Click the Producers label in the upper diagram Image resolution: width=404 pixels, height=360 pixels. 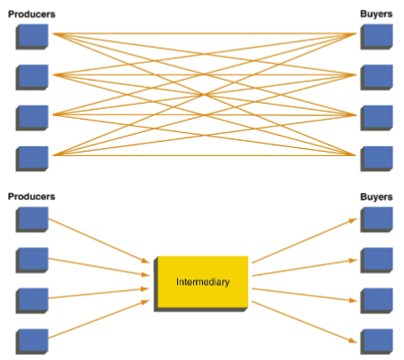pos(32,14)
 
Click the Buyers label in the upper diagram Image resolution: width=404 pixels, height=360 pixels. pos(377,14)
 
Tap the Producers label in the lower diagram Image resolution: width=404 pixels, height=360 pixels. pos(32,197)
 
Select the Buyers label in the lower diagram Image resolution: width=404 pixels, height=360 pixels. pos(377,197)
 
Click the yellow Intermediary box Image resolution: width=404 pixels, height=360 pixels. pos(201,284)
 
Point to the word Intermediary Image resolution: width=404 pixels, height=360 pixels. pos(203,282)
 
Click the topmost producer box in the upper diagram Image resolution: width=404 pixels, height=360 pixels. pos(32,37)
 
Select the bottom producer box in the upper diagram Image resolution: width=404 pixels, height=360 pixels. pos(32,159)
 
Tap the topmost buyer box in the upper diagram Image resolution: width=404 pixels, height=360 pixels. pos(377,37)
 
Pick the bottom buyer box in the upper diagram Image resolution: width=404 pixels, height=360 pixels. pos(377,159)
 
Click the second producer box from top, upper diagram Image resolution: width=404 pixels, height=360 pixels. pos(32,77)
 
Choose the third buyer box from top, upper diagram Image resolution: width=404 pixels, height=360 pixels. pos(377,118)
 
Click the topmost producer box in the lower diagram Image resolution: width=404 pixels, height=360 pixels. pos(32,220)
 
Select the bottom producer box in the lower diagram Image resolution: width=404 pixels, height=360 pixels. pos(32,341)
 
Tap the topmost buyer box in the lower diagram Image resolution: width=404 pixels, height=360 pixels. pos(377,220)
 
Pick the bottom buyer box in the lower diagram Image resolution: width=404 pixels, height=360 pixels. pos(377,341)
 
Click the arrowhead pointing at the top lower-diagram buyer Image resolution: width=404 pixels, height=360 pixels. pos(353,221)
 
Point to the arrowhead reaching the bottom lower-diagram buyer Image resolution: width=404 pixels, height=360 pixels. pos(353,340)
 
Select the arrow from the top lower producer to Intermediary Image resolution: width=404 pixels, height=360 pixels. pos(99,240)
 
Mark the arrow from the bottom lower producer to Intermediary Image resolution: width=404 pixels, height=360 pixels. pos(99,319)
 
